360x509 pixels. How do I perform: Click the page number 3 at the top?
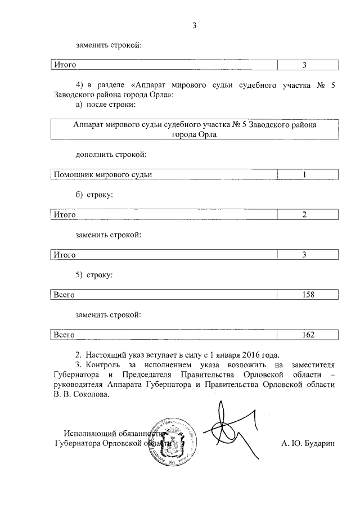click(x=194, y=25)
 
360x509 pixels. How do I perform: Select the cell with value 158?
click(x=307, y=294)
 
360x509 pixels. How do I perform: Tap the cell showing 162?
click(x=307, y=335)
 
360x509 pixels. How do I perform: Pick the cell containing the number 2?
click(x=304, y=215)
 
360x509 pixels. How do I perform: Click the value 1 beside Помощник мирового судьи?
click(x=304, y=174)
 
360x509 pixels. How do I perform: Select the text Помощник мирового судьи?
click(x=102, y=174)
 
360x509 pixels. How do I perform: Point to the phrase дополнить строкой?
click(x=111, y=154)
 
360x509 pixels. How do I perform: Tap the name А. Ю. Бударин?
click(x=308, y=443)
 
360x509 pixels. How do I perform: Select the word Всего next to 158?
click(x=64, y=294)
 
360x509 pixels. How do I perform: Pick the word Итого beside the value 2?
click(x=65, y=215)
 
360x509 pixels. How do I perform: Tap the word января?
click(x=231, y=354)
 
